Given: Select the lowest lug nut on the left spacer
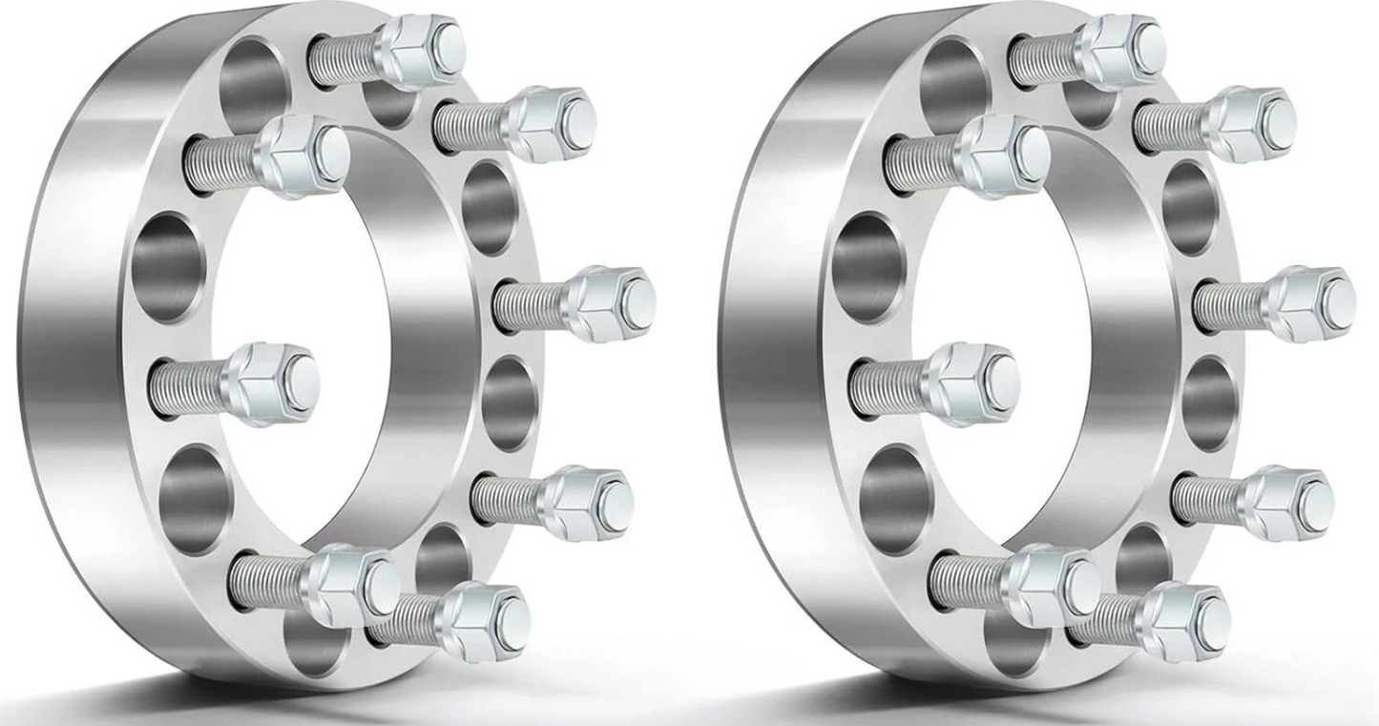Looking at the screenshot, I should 488,621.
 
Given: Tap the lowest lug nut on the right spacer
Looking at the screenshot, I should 1187,621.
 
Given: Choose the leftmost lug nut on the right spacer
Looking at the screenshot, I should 974,383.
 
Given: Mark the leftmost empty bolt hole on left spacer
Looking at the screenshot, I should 167,267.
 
